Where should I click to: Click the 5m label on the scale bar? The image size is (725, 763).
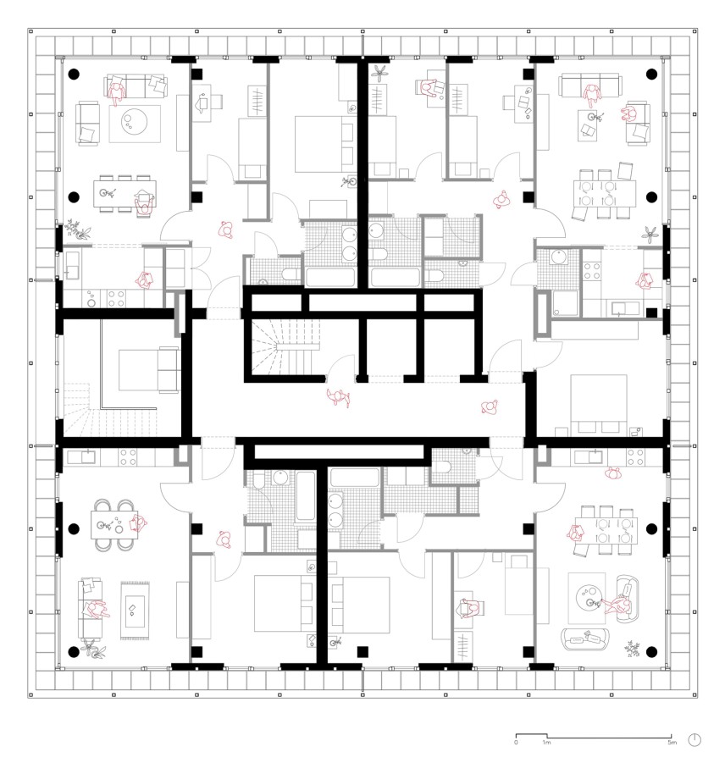coord(671,743)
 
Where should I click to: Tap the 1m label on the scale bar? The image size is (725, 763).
coord(547,743)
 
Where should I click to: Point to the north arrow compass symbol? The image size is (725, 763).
coord(695,739)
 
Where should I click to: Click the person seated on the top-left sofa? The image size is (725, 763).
coord(118,89)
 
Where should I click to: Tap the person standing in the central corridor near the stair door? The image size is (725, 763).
coord(340,397)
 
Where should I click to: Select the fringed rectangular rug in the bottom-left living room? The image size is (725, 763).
coord(136,610)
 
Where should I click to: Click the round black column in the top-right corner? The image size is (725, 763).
coord(651,75)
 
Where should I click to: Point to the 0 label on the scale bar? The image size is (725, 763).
coord(516,743)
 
